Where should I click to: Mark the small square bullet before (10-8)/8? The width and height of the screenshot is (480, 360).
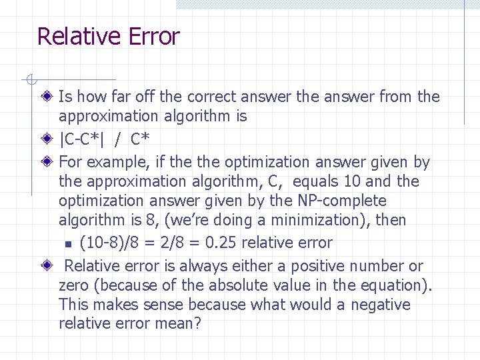click(x=67, y=244)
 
